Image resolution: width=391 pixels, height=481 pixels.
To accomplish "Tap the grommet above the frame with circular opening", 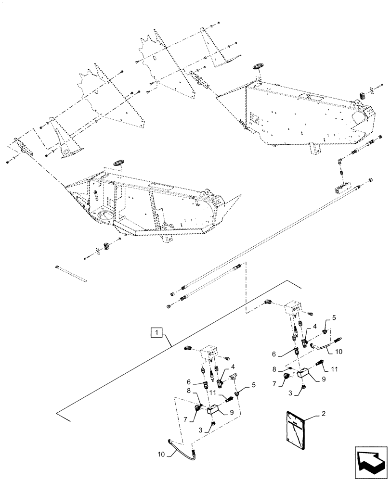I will (x=118, y=164).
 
